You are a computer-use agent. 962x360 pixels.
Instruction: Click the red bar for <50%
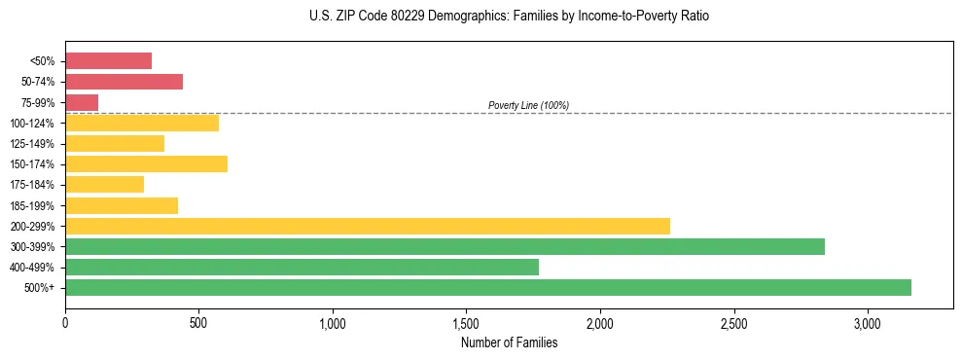[x=108, y=60]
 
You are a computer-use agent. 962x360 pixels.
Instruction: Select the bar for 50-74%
[x=124, y=82]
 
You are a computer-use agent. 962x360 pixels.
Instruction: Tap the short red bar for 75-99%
[x=82, y=102]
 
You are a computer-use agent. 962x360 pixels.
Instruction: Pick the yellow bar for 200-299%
[x=368, y=226]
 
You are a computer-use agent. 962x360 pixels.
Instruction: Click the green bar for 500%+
[x=488, y=287]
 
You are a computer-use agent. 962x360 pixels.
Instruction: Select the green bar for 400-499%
[x=302, y=267]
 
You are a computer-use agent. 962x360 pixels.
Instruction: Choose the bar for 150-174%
[x=146, y=163]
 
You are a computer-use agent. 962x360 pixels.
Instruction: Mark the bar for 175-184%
[x=104, y=184]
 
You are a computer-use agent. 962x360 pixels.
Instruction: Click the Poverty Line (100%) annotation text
[x=528, y=105]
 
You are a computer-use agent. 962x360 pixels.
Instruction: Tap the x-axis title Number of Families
[x=509, y=342]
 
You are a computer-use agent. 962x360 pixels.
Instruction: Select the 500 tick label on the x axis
[x=198, y=323]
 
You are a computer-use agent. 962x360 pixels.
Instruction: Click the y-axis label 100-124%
[x=32, y=124]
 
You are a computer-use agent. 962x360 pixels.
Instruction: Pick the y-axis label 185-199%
[x=32, y=205]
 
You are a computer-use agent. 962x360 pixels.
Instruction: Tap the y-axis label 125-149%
[x=32, y=144]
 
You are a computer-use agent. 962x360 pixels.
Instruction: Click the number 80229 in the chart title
[x=400, y=17]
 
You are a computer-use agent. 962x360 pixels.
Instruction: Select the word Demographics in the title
[x=460, y=17]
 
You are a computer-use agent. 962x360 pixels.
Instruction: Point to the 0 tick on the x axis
[x=65, y=323]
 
